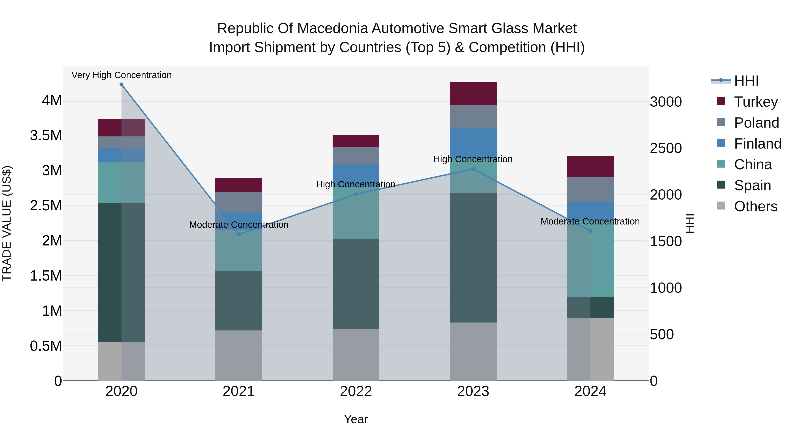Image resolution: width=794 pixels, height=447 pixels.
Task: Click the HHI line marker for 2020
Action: (x=122, y=85)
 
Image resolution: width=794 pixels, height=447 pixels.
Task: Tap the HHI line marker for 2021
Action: (x=239, y=234)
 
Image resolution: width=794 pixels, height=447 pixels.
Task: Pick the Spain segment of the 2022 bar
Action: (x=356, y=284)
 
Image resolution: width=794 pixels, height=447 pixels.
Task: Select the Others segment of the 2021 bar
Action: (x=239, y=355)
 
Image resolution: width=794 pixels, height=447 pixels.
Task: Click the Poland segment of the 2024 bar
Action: (x=590, y=189)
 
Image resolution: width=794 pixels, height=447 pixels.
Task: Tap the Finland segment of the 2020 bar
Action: (x=122, y=155)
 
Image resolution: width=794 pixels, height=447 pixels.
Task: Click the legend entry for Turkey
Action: (x=756, y=102)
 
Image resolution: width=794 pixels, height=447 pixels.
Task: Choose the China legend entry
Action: (x=753, y=164)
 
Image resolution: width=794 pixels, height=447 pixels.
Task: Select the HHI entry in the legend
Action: (x=746, y=81)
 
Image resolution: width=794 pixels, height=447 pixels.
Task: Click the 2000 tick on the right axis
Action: (x=666, y=195)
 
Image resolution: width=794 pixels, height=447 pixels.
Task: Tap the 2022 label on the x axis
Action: (x=356, y=391)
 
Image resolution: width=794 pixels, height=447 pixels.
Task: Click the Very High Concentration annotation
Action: (x=122, y=75)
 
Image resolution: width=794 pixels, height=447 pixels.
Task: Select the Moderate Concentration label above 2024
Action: (x=590, y=221)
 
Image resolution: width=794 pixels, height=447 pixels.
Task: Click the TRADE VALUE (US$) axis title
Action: (x=7, y=223)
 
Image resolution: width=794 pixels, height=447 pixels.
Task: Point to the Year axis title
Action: (x=356, y=419)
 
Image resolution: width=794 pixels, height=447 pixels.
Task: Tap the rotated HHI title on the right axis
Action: (x=690, y=223)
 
